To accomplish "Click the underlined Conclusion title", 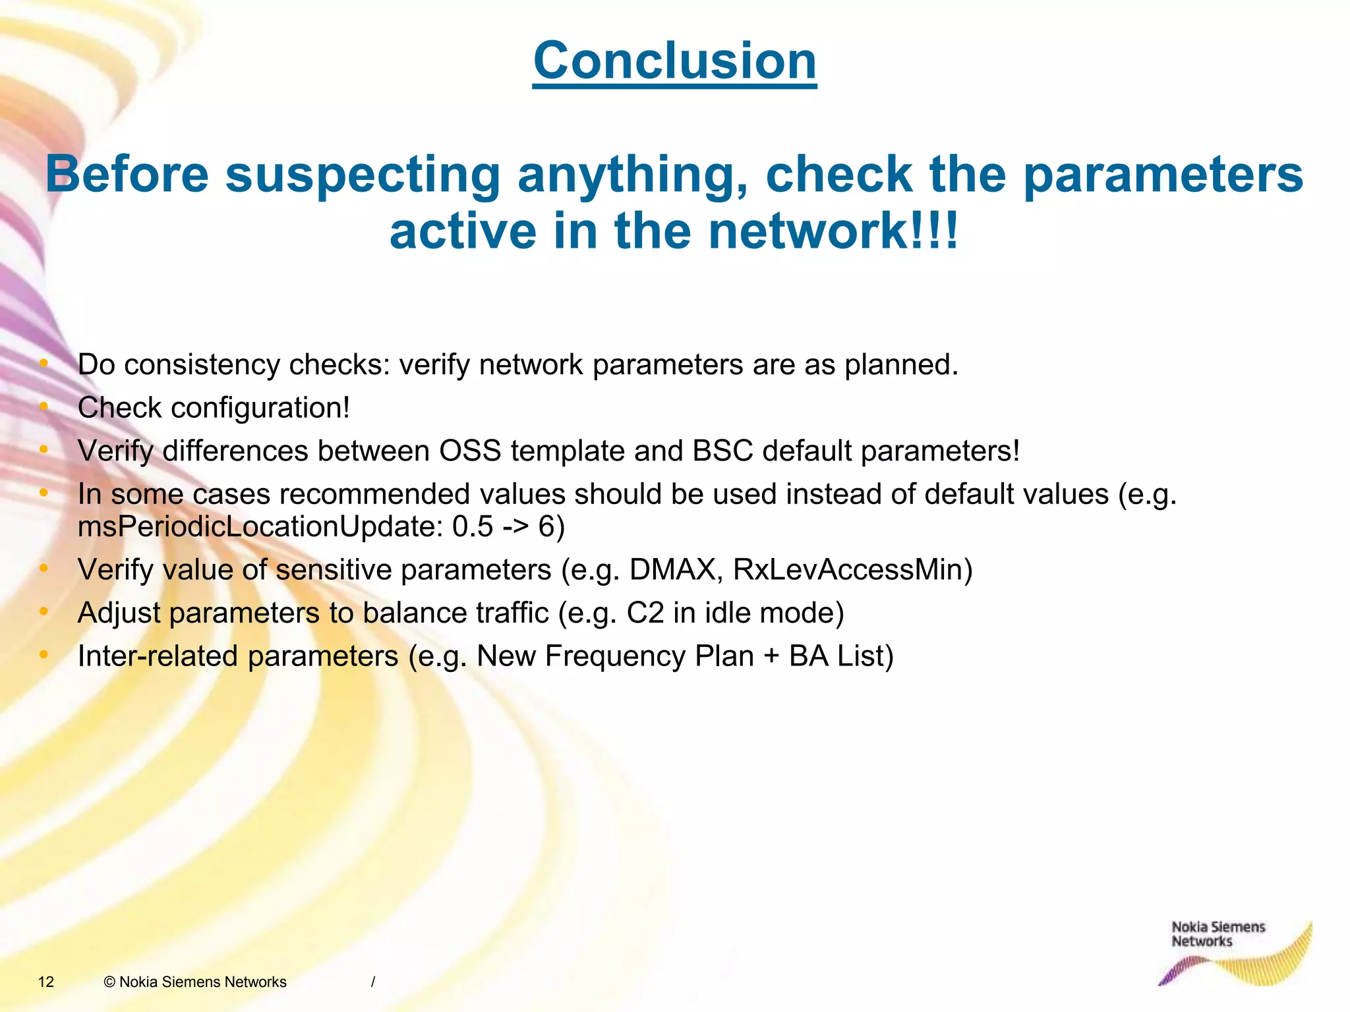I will tap(674, 61).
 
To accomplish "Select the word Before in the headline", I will tap(127, 175).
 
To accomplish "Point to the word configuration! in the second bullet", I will tap(260, 408).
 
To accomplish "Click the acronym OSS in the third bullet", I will tap(470, 451).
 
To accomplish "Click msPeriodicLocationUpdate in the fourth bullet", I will tap(260, 526).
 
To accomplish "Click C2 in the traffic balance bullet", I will tap(645, 613).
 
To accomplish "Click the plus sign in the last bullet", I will tap(771, 657).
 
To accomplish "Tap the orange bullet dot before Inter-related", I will tap(44, 655).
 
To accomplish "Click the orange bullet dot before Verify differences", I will tap(44, 450).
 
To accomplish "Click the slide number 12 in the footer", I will tap(46, 982).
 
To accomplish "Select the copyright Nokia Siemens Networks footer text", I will tap(195, 982).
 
